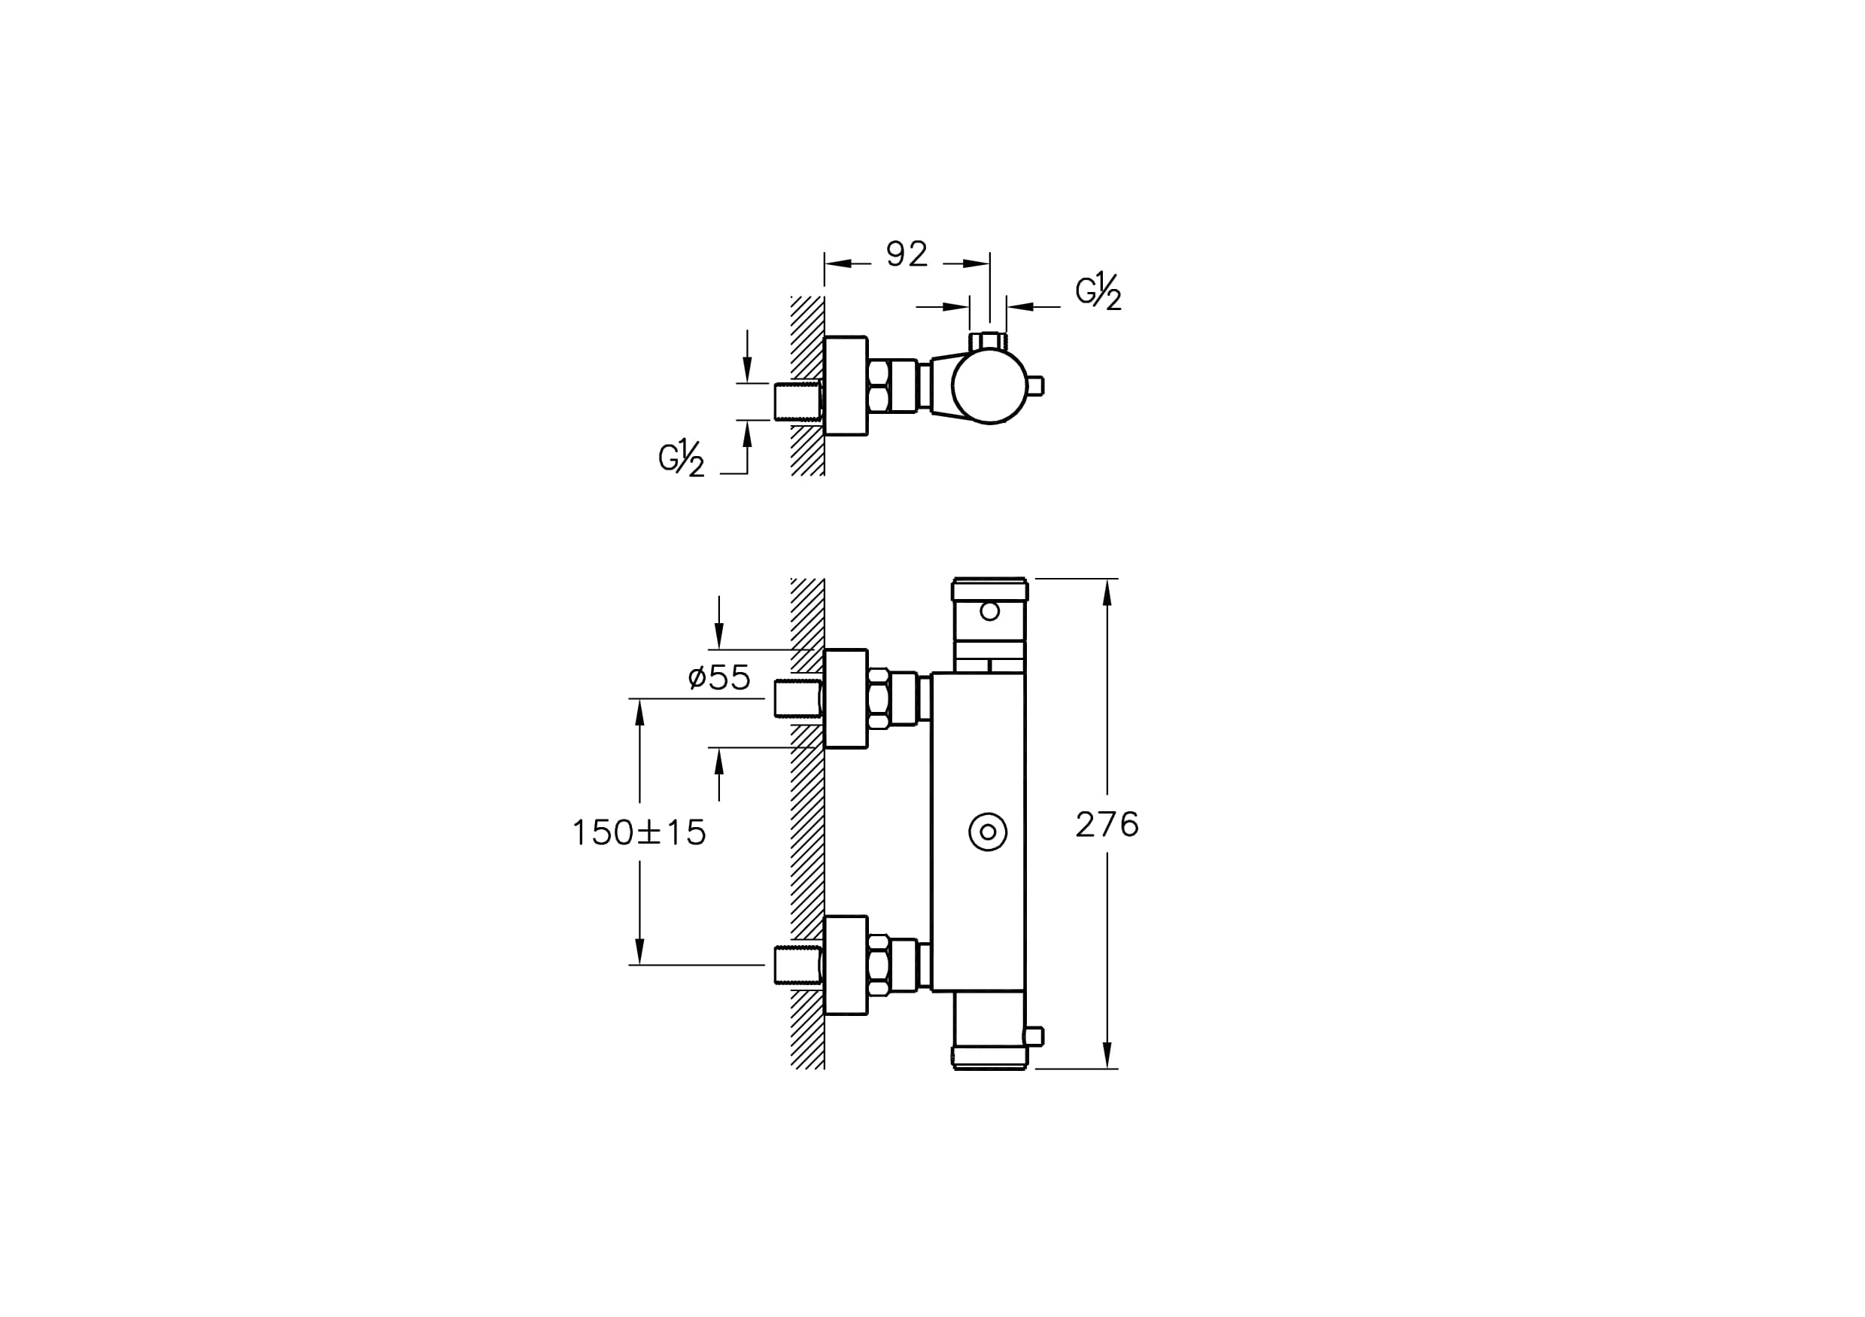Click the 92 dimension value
pos(907,254)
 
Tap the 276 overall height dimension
pos(1107,825)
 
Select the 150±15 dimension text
pos(639,833)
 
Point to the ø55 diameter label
pos(719,677)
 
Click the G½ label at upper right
pos(1099,290)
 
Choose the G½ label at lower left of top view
pos(682,458)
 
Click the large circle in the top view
pos(989,386)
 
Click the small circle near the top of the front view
pos(989,611)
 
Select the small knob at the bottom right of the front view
pos(1034,1037)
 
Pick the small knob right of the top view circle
pos(1036,386)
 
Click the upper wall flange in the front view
pos(846,698)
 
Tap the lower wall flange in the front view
pos(846,966)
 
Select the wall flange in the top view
pos(846,386)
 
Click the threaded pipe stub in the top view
pos(798,401)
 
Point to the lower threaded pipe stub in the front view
pos(798,966)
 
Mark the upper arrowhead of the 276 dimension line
pos(1107,592)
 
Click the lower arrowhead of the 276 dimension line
pos(1107,1054)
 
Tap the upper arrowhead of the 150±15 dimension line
pos(639,713)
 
